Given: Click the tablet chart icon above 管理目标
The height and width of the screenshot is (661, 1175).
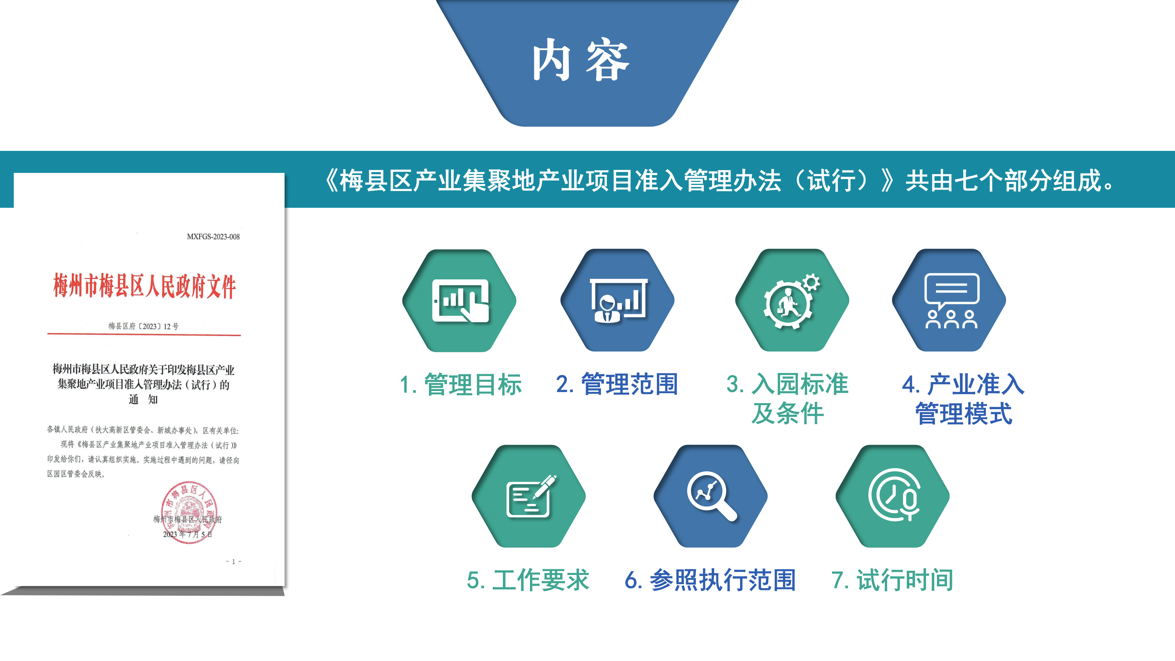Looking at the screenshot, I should [x=460, y=301].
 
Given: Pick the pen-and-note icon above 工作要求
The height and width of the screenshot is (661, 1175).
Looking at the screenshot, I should [x=529, y=496].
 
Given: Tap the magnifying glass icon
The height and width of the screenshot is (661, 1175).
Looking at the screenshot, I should [x=711, y=496].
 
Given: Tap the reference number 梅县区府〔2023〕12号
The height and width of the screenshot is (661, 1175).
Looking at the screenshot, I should [x=143, y=326].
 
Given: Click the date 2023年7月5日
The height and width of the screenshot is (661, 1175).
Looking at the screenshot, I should [x=188, y=534].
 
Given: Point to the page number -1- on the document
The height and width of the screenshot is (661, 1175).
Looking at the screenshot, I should [x=233, y=562].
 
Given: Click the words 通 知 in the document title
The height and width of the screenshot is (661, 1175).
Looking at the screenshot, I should [x=143, y=400].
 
